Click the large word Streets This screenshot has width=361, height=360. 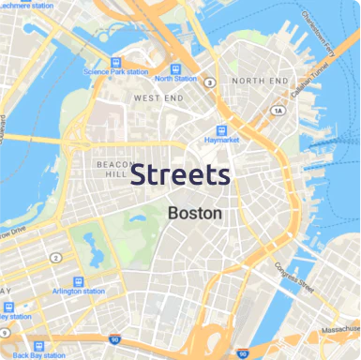click(180, 174)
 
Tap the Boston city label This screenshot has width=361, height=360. click(195, 213)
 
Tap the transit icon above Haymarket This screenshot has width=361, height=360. click(221, 130)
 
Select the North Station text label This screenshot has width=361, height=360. click(176, 79)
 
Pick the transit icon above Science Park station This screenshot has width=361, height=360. click(114, 60)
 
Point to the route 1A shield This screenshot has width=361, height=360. click(277, 111)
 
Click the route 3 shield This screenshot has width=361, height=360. click(211, 82)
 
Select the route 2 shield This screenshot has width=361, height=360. click(56, 257)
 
